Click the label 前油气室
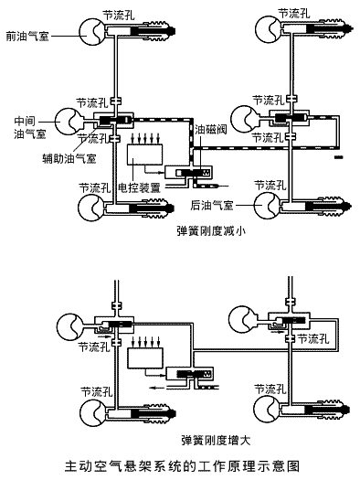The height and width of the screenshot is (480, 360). pyautogui.click(x=27, y=37)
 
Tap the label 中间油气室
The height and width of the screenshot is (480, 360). pyautogui.click(x=29, y=128)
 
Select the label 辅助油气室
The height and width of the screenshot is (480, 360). pyautogui.click(x=69, y=158)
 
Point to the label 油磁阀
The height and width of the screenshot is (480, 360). pyautogui.click(x=211, y=130)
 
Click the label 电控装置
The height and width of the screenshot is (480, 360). pyautogui.click(x=140, y=187)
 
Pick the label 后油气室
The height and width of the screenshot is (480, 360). pyautogui.click(x=212, y=205)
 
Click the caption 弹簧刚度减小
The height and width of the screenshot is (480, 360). pyautogui.click(x=211, y=230)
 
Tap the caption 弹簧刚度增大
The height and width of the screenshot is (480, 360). pyautogui.click(x=216, y=440)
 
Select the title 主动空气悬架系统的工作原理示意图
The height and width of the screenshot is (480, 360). pyautogui.click(x=183, y=466)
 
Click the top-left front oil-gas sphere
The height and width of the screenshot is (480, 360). pyautogui.click(x=92, y=31)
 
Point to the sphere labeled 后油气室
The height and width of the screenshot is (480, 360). pyautogui.click(x=267, y=206)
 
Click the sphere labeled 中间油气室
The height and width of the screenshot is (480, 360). pyautogui.click(x=69, y=122)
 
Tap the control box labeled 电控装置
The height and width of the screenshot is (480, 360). pyautogui.click(x=144, y=154)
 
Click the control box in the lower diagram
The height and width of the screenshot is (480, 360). pyautogui.click(x=145, y=357)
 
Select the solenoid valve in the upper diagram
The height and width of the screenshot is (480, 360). pyautogui.click(x=188, y=173)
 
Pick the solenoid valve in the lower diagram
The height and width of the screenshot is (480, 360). pyautogui.click(x=190, y=374)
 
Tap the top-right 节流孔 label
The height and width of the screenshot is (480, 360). pyautogui.click(x=293, y=14)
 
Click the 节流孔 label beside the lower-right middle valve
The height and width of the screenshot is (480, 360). pyautogui.click(x=313, y=338)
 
